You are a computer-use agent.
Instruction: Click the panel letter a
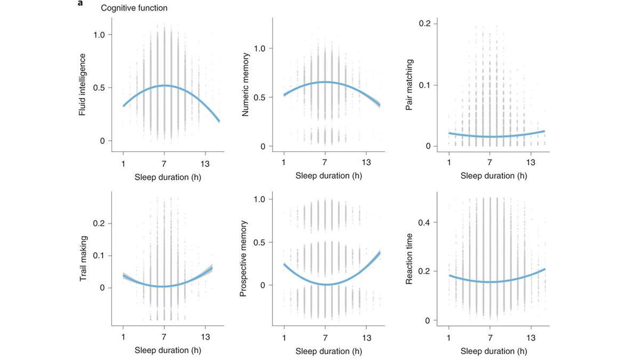(80, 3)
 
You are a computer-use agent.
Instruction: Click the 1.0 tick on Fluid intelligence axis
(101, 35)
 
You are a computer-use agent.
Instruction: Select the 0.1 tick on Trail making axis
(99, 255)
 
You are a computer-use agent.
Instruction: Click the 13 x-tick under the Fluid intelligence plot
(205, 163)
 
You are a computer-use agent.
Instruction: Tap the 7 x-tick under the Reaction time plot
(490, 338)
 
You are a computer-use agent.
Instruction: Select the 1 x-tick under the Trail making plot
(123, 337)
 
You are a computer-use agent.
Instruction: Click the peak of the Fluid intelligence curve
(165, 85)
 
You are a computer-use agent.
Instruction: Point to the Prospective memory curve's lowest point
(326, 285)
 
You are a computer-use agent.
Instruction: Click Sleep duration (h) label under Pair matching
(494, 175)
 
